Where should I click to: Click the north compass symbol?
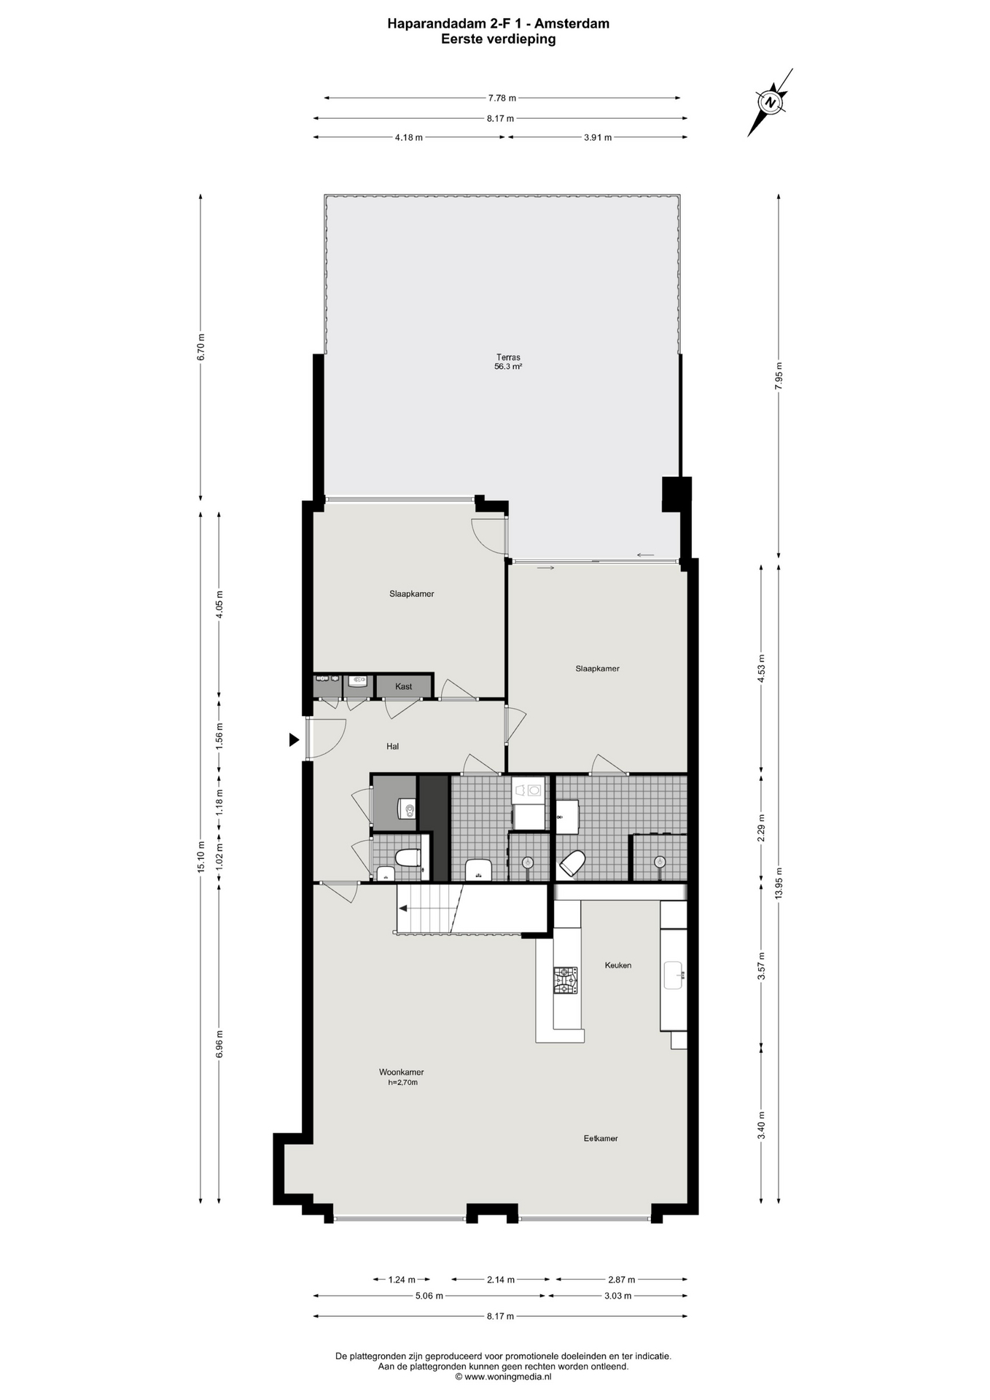click(x=771, y=102)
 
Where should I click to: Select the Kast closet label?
click(x=403, y=686)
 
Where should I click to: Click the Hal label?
click(x=393, y=746)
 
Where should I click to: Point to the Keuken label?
click(x=618, y=965)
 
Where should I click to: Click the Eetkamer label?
click(x=601, y=1138)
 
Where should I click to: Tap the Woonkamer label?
click(x=401, y=1072)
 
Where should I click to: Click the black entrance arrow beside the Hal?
click(x=294, y=739)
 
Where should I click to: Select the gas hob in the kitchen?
click(x=565, y=980)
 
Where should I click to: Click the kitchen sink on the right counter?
click(x=673, y=975)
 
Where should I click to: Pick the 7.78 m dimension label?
click(x=502, y=98)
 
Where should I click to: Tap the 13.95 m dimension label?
click(x=779, y=883)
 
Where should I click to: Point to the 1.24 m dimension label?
click(x=402, y=1279)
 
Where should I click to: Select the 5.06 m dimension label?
click(x=429, y=1296)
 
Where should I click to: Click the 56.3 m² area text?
click(x=508, y=367)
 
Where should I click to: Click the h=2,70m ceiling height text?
click(x=402, y=1082)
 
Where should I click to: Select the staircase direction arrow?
click(x=402, y=908)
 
